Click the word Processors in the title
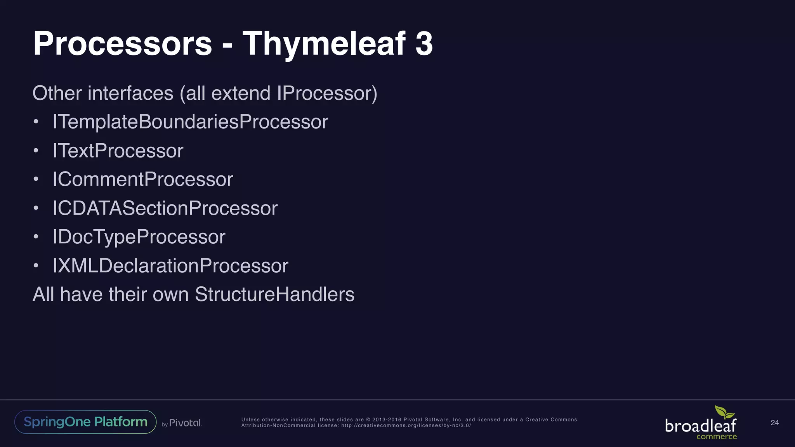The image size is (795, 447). (x=123, y=43)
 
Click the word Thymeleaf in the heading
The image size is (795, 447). (x=324, y=43)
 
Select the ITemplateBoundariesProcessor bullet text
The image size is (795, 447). (x=190, y=122)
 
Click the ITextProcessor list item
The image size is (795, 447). (x=118, y=151)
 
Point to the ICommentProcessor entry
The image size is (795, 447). (x=142, y=179)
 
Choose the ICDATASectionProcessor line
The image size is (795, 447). (x=165, y=208)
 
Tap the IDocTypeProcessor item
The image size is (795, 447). (x=139, y=237)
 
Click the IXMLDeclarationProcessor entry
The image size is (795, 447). (x=170, y=266)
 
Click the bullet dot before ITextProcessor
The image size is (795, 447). (x=36, y=151)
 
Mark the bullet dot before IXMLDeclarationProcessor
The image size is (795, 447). (x=36, y=266)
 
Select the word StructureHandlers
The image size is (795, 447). (x=274, y=294)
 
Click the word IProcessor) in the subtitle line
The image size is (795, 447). (x=327, y=93)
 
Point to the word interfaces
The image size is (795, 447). (x=130, y=93)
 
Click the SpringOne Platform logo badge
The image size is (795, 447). (x=85, y=422)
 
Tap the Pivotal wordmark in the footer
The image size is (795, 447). (x=185, y=423)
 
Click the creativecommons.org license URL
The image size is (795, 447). (x=406, y=426)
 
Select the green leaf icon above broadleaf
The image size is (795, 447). (x=724, y=412)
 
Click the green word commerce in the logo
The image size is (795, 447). (x=717, y=437)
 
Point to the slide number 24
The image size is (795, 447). (x=774, y=423)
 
